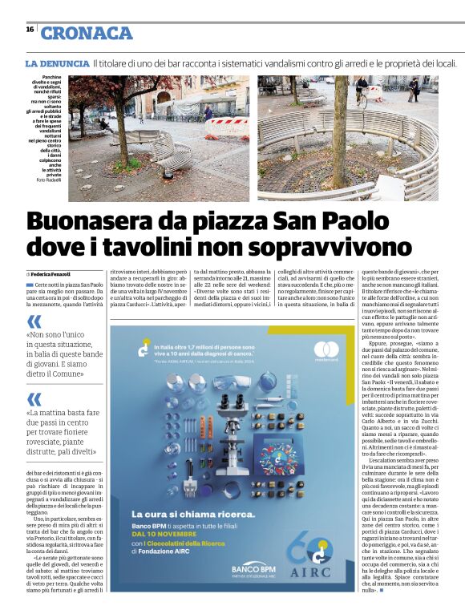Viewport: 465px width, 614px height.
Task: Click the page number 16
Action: click(x=30, y=29)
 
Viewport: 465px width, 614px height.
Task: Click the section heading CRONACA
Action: click(x=87, y=33)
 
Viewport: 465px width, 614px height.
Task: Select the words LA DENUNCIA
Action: click(x=57, y=63)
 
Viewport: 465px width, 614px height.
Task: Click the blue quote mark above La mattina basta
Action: click(x=34, y=398)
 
